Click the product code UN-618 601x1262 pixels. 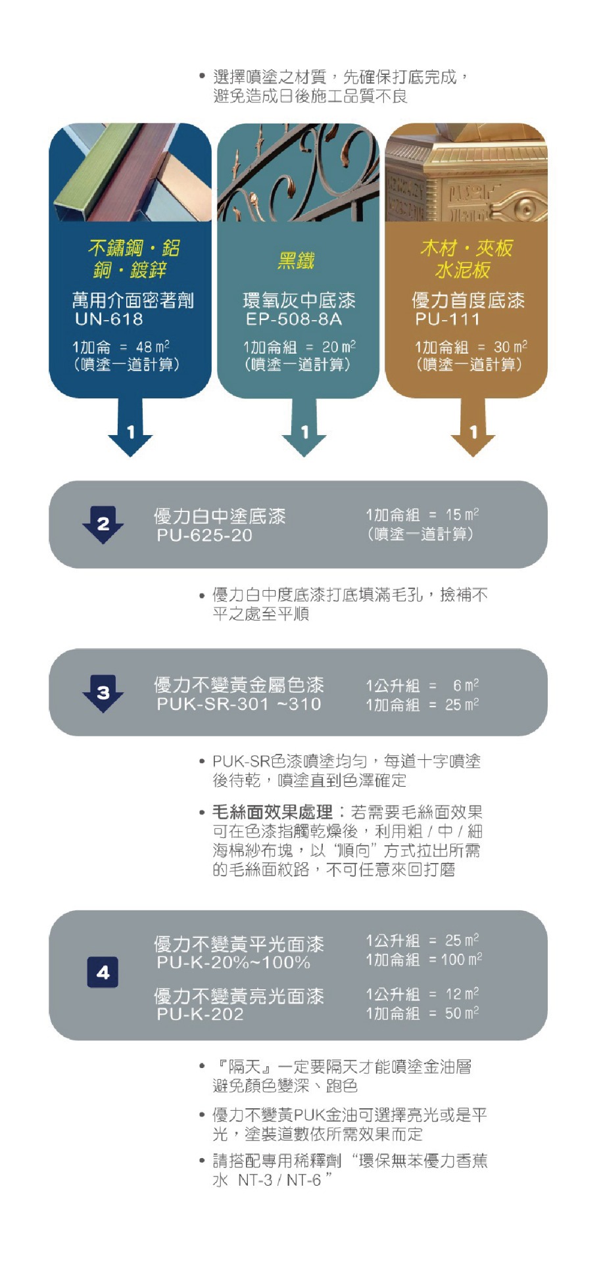click(109, 319)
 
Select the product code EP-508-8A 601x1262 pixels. click(294, 319)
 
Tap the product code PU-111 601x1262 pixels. click(448, 319)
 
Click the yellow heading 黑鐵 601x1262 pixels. click(296, 261)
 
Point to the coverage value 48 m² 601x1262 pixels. click(153, 346)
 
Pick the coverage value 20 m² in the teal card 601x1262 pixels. click(339, 346)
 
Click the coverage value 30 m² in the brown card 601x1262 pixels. click(510, 346)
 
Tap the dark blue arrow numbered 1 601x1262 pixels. click(130, 427)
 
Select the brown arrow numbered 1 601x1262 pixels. click(473, 427)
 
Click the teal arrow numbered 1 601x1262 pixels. click(304, 427)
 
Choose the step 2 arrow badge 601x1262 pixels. click(103, 525)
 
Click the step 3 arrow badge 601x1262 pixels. click(103, 693)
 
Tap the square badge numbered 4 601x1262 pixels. click(103, 972)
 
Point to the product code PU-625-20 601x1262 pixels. click(204, 536)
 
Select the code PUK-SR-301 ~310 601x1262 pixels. click(239, 705)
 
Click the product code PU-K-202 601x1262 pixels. click(200, 1014)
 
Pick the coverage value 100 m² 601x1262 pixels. click(462, 960)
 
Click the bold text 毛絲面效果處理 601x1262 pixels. click(272, 812)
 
